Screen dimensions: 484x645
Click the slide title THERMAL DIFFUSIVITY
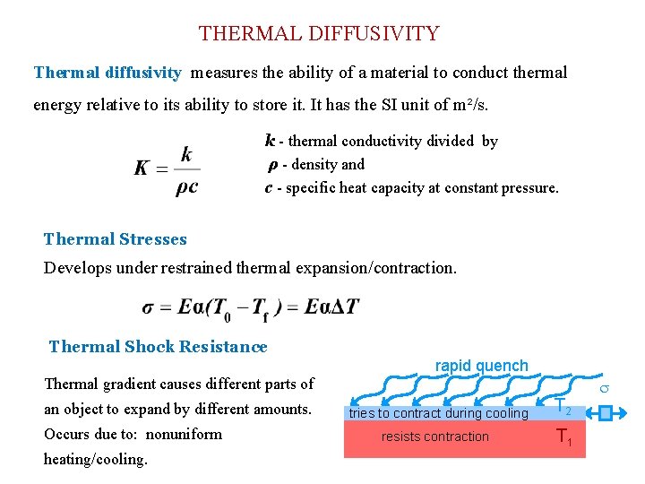[x=319, y=34]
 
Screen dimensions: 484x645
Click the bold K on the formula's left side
[x=142, y=169]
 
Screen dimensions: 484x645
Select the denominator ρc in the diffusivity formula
[x=186, y=186]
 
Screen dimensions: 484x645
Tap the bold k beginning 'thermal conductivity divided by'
[x=270, y=141]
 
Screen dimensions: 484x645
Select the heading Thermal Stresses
[x=116, y=239]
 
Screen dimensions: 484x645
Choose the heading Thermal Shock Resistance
[x=158, y=347]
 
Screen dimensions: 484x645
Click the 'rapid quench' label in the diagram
[x=482, y=366]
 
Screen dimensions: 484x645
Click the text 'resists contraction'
[x=435, y=436]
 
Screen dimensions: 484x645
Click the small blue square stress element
[x=606, y=413]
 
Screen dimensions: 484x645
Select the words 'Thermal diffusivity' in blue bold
[x=107, y=73]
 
